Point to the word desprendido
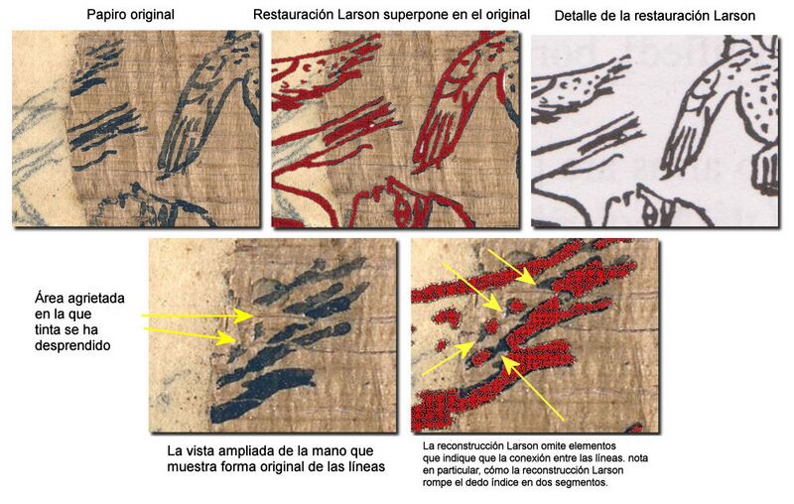(x=74, y=347)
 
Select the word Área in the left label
(x=51, y=298)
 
